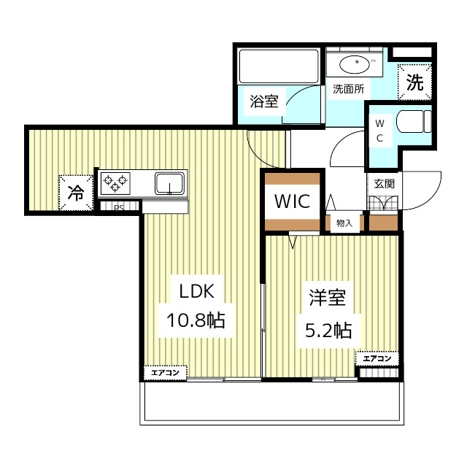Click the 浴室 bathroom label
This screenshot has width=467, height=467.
(264, 101)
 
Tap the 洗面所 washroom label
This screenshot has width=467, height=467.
(350, 90)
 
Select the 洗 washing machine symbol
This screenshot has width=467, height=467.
(414, 82)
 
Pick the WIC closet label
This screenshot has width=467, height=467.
(292, 200)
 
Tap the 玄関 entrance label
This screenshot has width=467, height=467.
(384, 184)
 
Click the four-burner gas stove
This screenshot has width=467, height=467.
(115, 182)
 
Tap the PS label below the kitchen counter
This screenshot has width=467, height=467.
(117, 207)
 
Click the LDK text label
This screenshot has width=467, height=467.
(196, 291)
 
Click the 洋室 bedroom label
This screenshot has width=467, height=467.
(327, 299)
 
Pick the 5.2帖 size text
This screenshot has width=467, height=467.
(327, 330)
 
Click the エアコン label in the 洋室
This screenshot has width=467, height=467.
(377, 358)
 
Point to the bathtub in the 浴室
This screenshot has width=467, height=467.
(279, 66)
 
